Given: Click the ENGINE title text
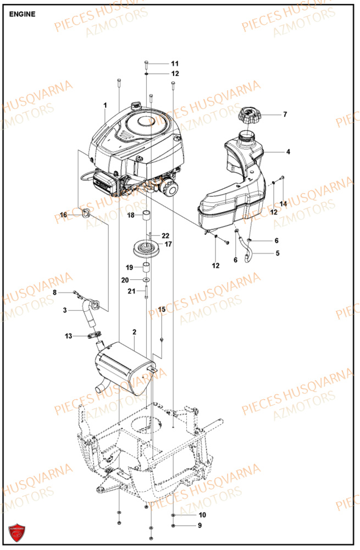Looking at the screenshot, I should pos(23,14).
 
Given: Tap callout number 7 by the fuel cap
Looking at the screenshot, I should pos(285,115).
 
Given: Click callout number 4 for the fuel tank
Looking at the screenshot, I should pos(288,151).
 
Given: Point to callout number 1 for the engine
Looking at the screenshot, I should pos(104,105).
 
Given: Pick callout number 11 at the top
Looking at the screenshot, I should pos(175,63).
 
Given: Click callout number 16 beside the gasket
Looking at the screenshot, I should pos(63,215).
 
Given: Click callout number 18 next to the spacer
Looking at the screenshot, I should pos(131,215).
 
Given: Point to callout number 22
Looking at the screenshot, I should pos(165,235).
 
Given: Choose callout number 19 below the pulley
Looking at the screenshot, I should pos(129,267).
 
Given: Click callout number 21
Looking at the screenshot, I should pos(131,291).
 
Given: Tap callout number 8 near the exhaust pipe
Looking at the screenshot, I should pos(54,293).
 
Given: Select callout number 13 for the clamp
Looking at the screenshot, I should pos(68,336).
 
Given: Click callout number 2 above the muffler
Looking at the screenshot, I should pos(134,332).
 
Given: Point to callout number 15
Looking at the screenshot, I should pos(162,310).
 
